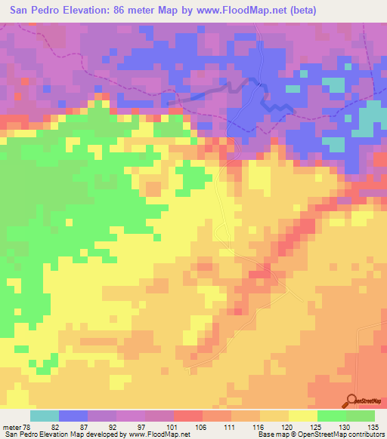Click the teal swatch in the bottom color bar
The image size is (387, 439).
tap(45, 416)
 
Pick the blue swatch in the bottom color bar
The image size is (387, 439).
tap(73, 416)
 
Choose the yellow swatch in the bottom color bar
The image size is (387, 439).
tap(303, 416)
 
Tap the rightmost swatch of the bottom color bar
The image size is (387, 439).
tap(361, 416)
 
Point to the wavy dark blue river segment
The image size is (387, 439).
tap(276, 107)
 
